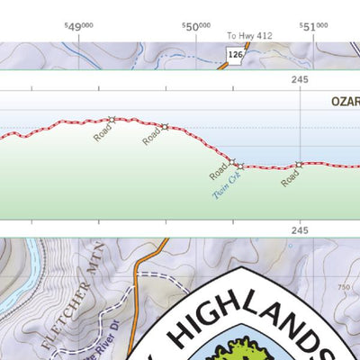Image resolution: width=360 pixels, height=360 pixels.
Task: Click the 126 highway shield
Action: pyautogui.click(x=236, y=55)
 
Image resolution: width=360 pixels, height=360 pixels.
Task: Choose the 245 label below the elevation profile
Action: pyautogui.click(x=300, y=231)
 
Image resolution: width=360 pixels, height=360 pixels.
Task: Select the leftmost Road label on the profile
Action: pyautogui.click(x=103, y=132)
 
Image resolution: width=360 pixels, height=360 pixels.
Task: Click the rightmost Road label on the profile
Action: pyautogui.click(x=289, y=178)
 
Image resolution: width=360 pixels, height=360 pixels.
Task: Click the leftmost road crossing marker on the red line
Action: pyautogui.click(x=112, y=119)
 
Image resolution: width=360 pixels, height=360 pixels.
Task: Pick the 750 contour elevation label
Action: pyautogui.click(x=342, y=286)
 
